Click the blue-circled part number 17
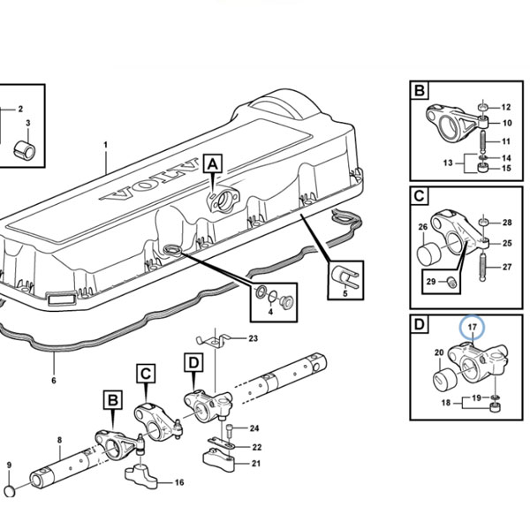click(473, 327)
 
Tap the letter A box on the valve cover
click(213, 164)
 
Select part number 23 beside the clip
click(254, 338)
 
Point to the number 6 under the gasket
click(54, 381)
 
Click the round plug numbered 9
click(11, 491)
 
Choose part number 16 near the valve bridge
click(179, 482)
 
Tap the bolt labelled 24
click(230, 429)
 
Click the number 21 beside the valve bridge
click(256, 464)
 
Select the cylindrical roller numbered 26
click(428, 255)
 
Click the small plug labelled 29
click(451, 282)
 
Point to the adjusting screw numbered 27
click(483, 262)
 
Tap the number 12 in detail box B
click(506, 107)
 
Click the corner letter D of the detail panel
click(419, 324)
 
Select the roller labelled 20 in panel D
click(445, 380)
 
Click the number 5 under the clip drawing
click(345, 293)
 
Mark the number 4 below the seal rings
click(270, 312)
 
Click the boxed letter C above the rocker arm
click(146, 374)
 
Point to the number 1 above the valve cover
click(106, 145)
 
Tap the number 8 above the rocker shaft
click(60, 440)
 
